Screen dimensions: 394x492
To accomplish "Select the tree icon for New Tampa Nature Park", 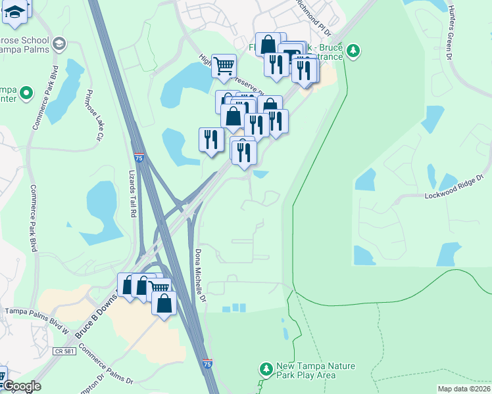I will (266, 369).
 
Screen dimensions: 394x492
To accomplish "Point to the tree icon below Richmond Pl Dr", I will (354, 51).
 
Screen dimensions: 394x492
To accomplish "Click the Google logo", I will (21, 386).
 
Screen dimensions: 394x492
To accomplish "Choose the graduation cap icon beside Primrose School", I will (59, 45).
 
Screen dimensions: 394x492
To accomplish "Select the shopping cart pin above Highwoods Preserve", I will (224, 66).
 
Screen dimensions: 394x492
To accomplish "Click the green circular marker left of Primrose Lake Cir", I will (26, 93).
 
